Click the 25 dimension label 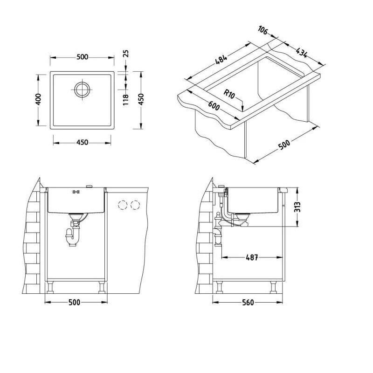(126, 54)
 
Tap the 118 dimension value (126, 100)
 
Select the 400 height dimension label (38, 99)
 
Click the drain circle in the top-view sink (82, 90)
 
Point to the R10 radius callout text (229, 94)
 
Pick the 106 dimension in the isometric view (263, 30)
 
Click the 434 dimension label (302, 53)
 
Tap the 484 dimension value (221, 60)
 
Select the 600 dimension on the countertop (214, 106)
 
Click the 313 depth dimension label (297, 207)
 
